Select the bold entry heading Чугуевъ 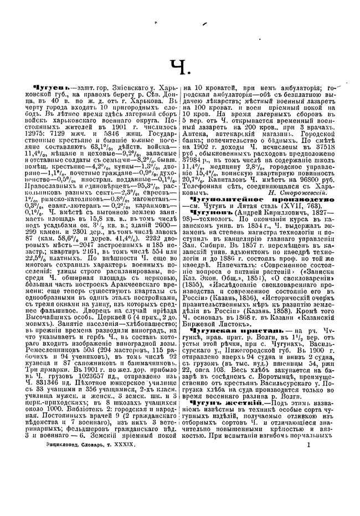(x=52, y=89)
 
